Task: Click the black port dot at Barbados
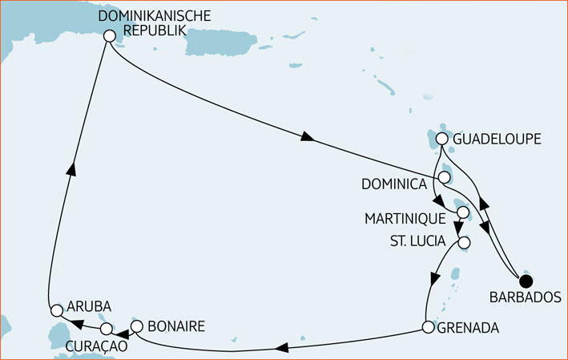click(526, 281)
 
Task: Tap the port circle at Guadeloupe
click(442, 140)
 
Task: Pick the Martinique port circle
click(462, 212)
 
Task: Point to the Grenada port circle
click(428, 327)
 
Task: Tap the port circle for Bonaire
click(136, 326)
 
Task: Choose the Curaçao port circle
click(106, 329)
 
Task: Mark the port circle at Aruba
click(56, 309)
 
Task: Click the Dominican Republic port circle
click(109, 34)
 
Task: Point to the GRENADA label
click(468, 328)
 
